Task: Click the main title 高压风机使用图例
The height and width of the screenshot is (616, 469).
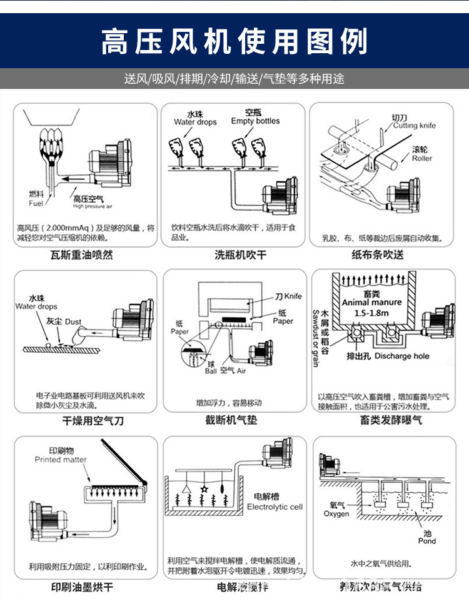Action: (234, 41)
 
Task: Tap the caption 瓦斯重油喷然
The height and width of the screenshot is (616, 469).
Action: (81, 255)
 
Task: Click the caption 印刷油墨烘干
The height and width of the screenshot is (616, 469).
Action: (82, 587)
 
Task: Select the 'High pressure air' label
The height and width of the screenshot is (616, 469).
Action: (92, 206)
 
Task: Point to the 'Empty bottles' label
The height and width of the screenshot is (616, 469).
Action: (255, 121)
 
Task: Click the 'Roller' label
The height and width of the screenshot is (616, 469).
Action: (422, 159)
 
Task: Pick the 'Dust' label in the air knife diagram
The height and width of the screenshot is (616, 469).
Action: (73, 322)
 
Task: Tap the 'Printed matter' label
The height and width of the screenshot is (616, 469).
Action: (61, 460)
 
